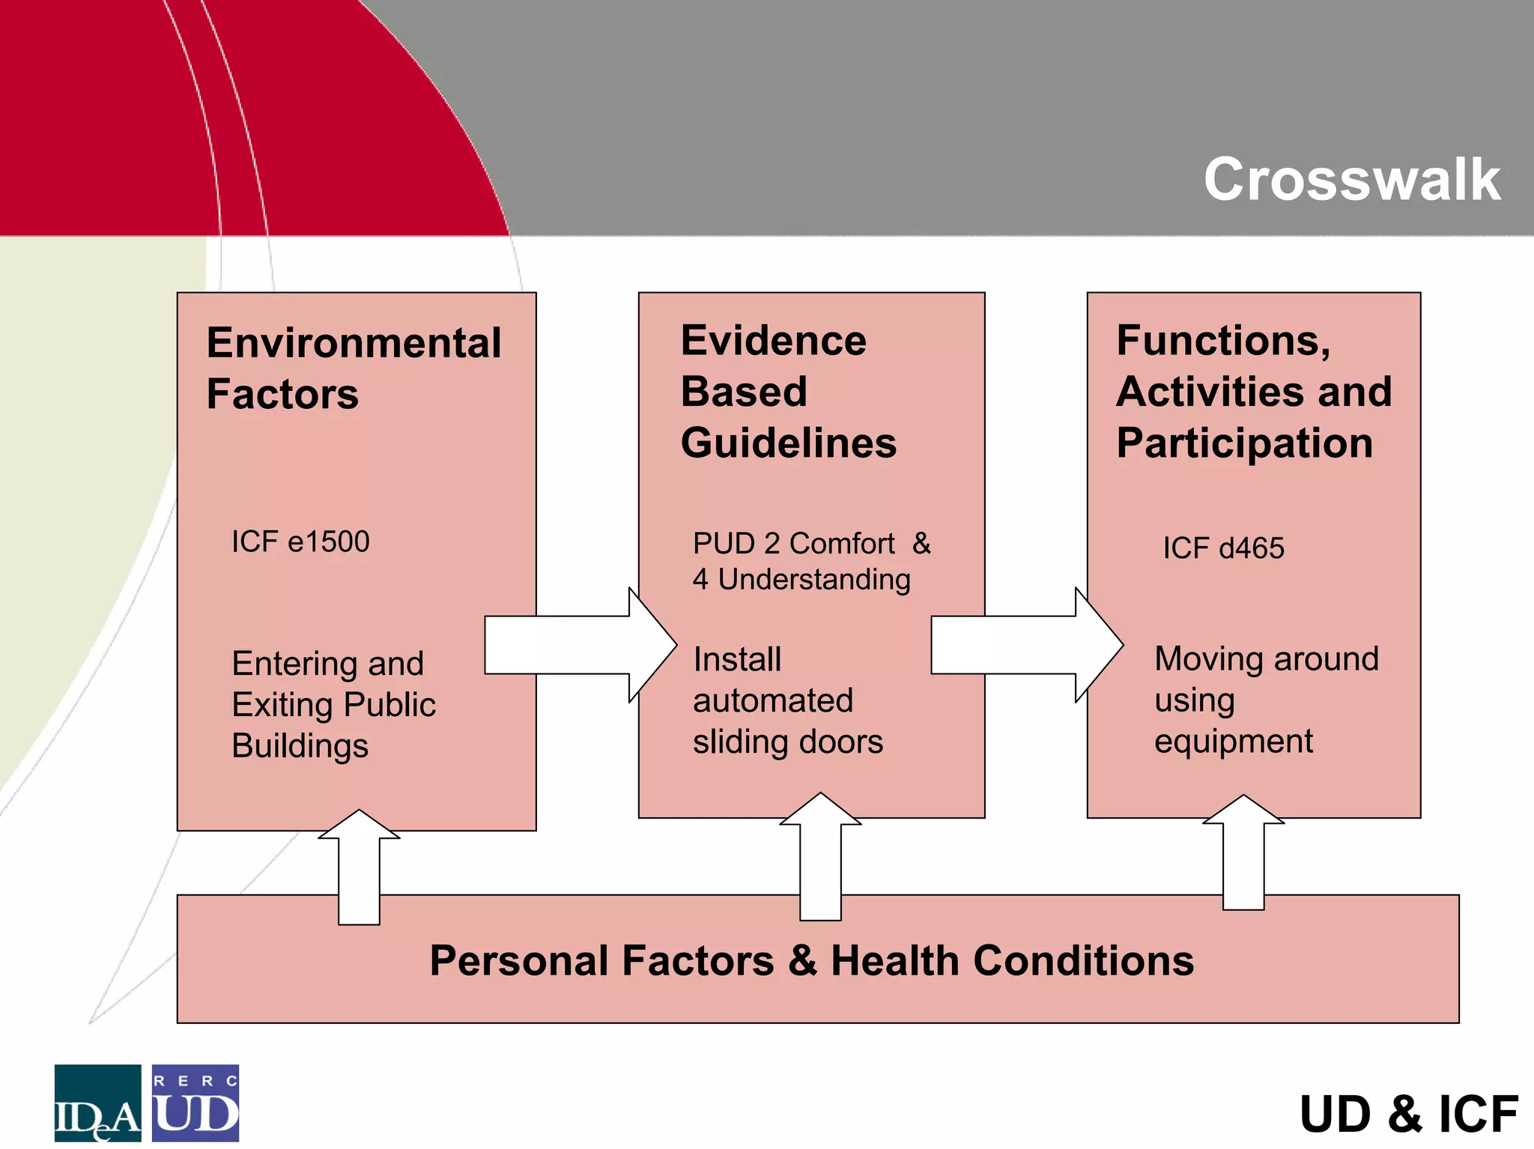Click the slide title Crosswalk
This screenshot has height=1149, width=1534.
[1351, 179]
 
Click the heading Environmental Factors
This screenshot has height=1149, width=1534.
[354, 368]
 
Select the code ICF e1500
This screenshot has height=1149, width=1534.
[300, 542]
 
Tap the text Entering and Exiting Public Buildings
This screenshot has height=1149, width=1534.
[333, 704]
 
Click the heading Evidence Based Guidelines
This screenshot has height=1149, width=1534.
[788, 391]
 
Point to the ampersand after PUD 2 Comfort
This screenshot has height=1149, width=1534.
[921, 543]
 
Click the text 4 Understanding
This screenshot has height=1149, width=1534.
[801, 579]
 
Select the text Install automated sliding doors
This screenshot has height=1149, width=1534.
[787, 700]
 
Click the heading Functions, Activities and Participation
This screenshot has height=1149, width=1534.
[1253, 391]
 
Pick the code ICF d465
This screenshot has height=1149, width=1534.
[1223, 548]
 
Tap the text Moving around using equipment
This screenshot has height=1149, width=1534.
[1266, 700]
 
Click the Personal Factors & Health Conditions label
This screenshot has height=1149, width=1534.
[811, 960]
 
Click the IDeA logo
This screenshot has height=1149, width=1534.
[97, 1103]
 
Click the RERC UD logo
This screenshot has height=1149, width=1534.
[195, 1103]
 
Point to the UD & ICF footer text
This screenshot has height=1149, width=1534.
[1408, 1114]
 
